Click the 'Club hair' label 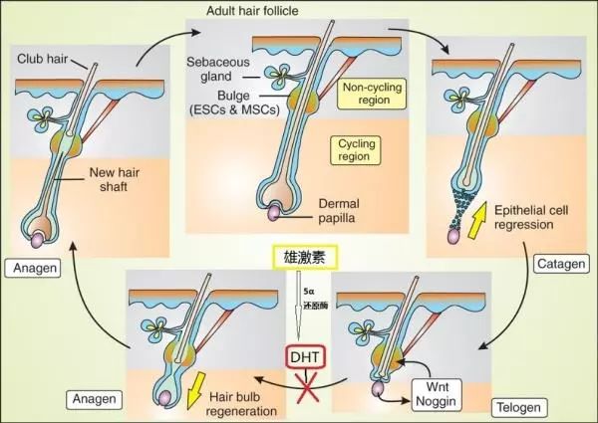(x=42, y=59)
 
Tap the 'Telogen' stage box (x=517, y=406)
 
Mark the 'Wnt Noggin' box (x=436, y=389)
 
